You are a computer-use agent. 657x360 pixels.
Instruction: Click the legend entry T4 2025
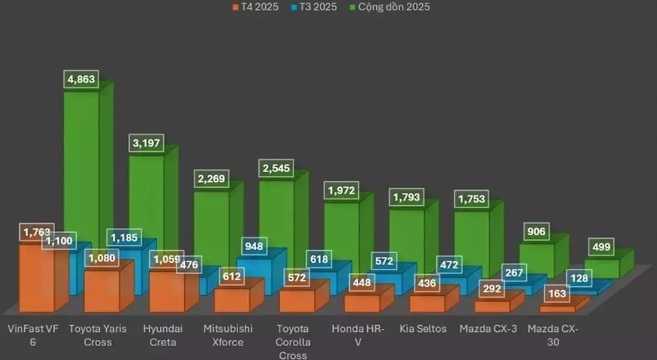click(x=254, y=7)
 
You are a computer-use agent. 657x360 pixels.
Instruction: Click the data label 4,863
click(x=81, y=80)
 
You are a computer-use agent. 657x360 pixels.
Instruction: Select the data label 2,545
click(x=277, y=168)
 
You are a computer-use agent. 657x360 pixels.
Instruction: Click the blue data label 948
click(x=254, y=245)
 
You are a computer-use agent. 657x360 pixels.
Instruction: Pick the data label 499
click(x=602, y=247)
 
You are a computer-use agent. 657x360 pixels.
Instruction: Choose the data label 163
click(x=557, y=295)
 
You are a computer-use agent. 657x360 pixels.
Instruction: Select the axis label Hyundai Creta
click(x=163, y=335)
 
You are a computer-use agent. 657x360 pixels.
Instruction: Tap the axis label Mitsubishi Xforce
click(x=228, y=335)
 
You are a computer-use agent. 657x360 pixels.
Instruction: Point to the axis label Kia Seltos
click(x=423, y=329)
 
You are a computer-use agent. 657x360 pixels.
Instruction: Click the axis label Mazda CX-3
click(x=488, y=329)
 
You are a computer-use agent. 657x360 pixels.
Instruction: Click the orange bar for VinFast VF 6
click(x=36, y=279)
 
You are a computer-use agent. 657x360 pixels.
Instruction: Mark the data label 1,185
click(x=123, y=237)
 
